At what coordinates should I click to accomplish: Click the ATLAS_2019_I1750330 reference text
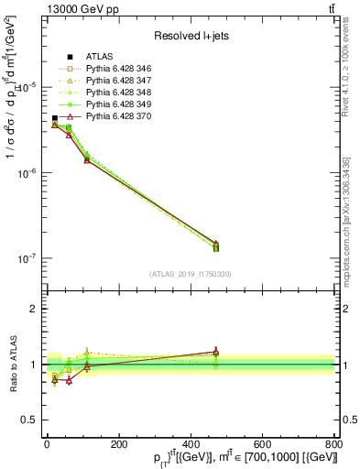[190, 273]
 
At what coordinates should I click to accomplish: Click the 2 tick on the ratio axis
[35, 309]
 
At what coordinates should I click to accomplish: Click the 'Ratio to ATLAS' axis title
[12, 364]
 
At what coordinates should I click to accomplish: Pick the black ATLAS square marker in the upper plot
[54, 118]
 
